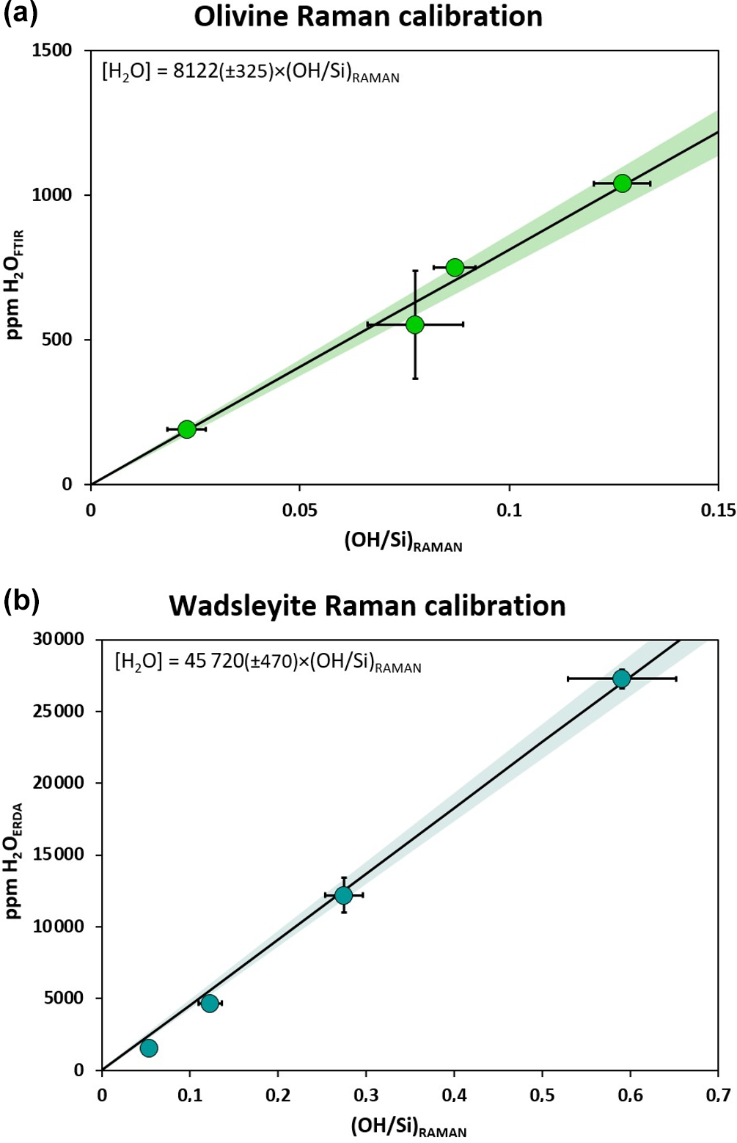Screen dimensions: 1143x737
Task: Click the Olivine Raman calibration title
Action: coord(367,16)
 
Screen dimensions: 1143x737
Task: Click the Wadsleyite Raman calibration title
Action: coord(367,606)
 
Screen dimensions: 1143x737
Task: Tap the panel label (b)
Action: coord(21,601)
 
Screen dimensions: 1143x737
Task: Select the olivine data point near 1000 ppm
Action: coord(622,183)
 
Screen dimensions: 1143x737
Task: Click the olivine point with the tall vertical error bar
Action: coord(415,324)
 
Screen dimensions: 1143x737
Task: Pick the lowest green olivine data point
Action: coord(187,429)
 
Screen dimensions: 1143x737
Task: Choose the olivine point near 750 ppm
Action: coord(455,267)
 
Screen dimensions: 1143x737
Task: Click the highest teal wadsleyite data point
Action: coord(621,679)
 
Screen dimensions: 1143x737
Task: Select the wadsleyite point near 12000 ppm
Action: coord(343,895)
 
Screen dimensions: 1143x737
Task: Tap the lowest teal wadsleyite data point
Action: coord(149,1048)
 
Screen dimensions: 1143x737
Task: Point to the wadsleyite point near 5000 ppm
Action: coord(210,1003)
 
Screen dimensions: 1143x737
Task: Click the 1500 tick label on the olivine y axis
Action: coord(53,51)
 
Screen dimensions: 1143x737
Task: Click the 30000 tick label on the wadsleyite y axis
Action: coord(59,639)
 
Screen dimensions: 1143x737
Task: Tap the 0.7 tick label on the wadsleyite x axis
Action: coord(717,1095)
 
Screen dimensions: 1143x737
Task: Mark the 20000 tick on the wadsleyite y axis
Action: coord(59,783)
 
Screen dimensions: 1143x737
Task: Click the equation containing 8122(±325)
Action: coord(250,73)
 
